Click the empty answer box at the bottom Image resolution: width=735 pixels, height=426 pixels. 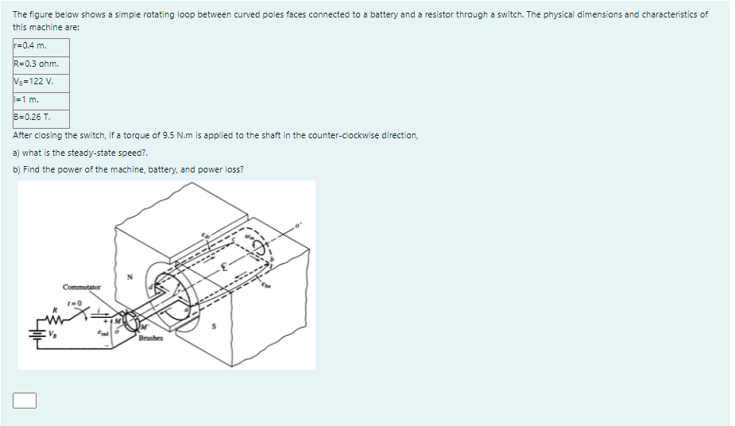coord(25,401)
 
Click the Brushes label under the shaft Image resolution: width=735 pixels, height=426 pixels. coord(150,338)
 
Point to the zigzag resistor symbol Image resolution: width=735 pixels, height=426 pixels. coord(56,315)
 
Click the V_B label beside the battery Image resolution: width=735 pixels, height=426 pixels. coord(53,335)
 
